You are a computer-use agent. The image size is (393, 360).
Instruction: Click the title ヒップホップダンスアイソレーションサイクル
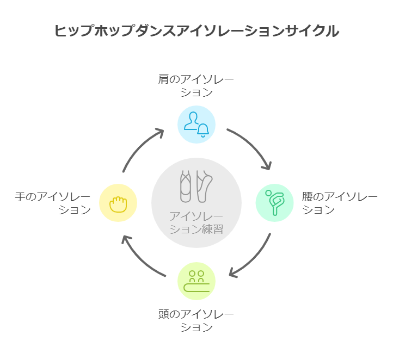tap(196, 30)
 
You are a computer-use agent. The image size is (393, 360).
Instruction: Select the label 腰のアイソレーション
tap(339, 202)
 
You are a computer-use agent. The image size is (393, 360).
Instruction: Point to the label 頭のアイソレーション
tap(196, 320)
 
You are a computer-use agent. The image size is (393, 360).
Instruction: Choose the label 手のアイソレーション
tap(53, 202)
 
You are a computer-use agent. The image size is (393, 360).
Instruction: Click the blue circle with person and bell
tap(196, 125)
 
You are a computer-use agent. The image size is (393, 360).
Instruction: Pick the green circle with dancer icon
tap(275, 202)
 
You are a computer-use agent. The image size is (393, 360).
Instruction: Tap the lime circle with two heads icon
tap(196, 281)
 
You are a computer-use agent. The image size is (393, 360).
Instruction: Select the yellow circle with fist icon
tap(118, 203)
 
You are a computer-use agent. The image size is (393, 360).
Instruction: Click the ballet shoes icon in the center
tap(196, 185)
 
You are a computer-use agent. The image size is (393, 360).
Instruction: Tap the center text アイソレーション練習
tap(196, 222)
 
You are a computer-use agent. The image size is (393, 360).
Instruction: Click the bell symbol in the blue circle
tap(203, 130)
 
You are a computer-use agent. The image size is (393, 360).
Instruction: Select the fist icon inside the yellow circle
tap(118, 203)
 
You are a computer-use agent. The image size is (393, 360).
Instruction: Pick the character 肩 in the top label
tap(164, 80)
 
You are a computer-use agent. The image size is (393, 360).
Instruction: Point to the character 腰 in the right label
tap(308, 196)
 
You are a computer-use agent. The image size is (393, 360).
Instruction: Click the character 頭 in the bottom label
tap(164, 314)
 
